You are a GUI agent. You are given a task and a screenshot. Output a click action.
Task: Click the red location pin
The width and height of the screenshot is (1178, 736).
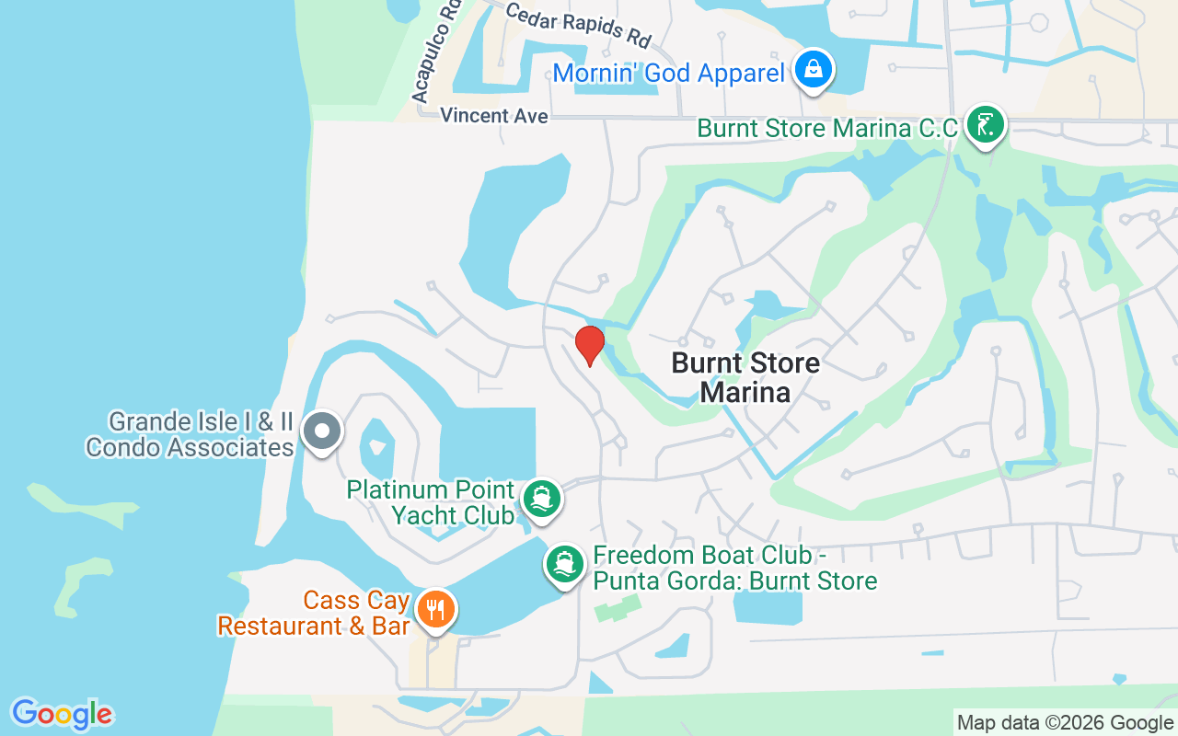(589, 345)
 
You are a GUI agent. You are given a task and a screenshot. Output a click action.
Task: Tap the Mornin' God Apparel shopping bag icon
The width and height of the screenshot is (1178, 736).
(814, 69)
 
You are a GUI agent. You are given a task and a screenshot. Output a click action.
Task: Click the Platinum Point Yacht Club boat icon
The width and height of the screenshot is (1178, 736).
(541, 500)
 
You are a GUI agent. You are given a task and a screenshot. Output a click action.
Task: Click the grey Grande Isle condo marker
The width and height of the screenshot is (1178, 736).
(322, 431)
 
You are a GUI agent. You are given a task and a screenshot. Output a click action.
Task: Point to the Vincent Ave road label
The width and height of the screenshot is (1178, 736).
(494, 116)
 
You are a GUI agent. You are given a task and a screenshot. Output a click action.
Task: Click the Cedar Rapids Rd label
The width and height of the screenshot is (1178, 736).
(578, 25)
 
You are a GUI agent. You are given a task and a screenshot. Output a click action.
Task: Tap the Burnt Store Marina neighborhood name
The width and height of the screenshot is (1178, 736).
(745, 377)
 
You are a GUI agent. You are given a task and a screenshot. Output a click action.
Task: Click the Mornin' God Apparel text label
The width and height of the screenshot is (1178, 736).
(668, 74)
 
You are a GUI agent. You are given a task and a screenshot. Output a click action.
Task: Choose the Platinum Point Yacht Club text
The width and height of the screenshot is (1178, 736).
(430, 502)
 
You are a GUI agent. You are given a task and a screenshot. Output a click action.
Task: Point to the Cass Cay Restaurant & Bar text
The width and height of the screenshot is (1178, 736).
(313, 614)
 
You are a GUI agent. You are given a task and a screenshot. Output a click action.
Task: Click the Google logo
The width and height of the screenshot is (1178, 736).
(62, 714)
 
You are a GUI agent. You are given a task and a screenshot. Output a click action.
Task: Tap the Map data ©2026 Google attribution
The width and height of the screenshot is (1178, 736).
(1065, 723)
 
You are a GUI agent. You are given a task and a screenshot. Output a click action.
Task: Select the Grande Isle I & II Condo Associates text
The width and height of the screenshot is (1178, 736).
(190, 435)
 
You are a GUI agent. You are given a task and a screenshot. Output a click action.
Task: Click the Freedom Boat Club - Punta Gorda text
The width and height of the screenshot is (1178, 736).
(734, 569)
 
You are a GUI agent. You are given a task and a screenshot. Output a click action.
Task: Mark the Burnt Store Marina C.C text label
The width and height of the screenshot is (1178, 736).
(827, 128)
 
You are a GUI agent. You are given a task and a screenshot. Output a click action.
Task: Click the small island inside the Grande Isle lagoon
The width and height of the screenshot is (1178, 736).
(375, 448)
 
